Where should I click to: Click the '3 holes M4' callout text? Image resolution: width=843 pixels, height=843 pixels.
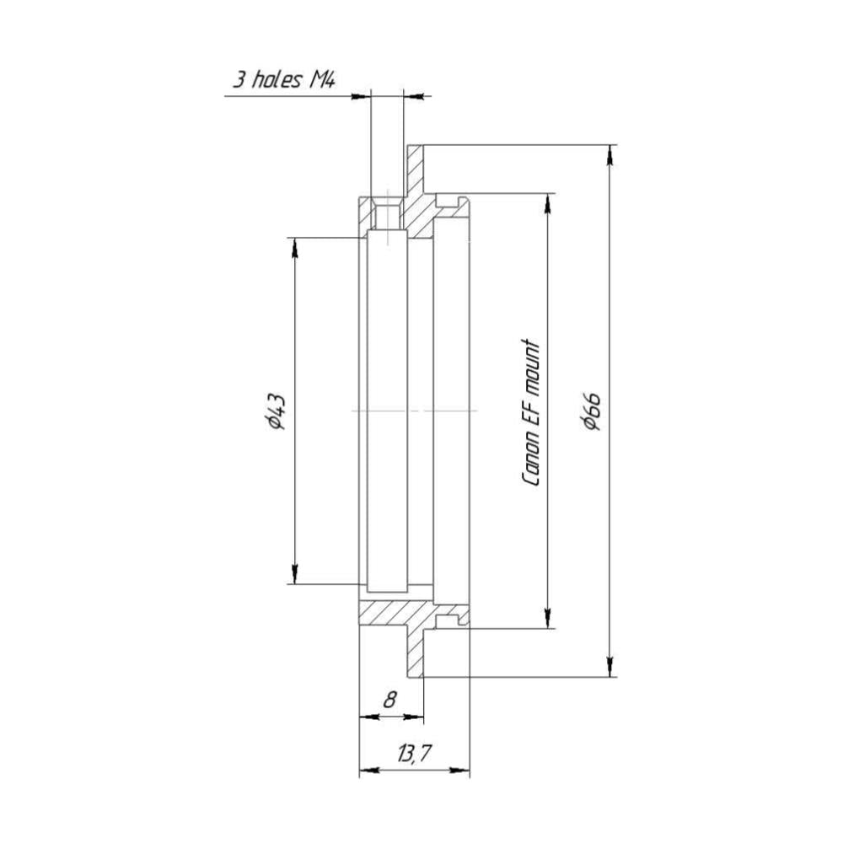coord(284,80)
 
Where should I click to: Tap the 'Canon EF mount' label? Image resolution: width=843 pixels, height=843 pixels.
coord(530,412)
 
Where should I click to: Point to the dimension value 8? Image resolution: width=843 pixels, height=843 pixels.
coord(390,700)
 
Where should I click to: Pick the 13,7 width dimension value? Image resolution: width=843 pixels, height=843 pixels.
coord(415,754)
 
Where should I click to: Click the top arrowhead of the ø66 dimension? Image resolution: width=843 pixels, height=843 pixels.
coord(609,155)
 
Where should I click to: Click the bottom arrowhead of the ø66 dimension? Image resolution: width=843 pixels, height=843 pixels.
coord(609,667)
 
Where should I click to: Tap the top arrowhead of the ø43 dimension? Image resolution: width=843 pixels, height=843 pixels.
coord(294,248)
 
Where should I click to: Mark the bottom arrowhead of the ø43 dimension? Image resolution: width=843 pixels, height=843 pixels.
coord(294,573)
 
